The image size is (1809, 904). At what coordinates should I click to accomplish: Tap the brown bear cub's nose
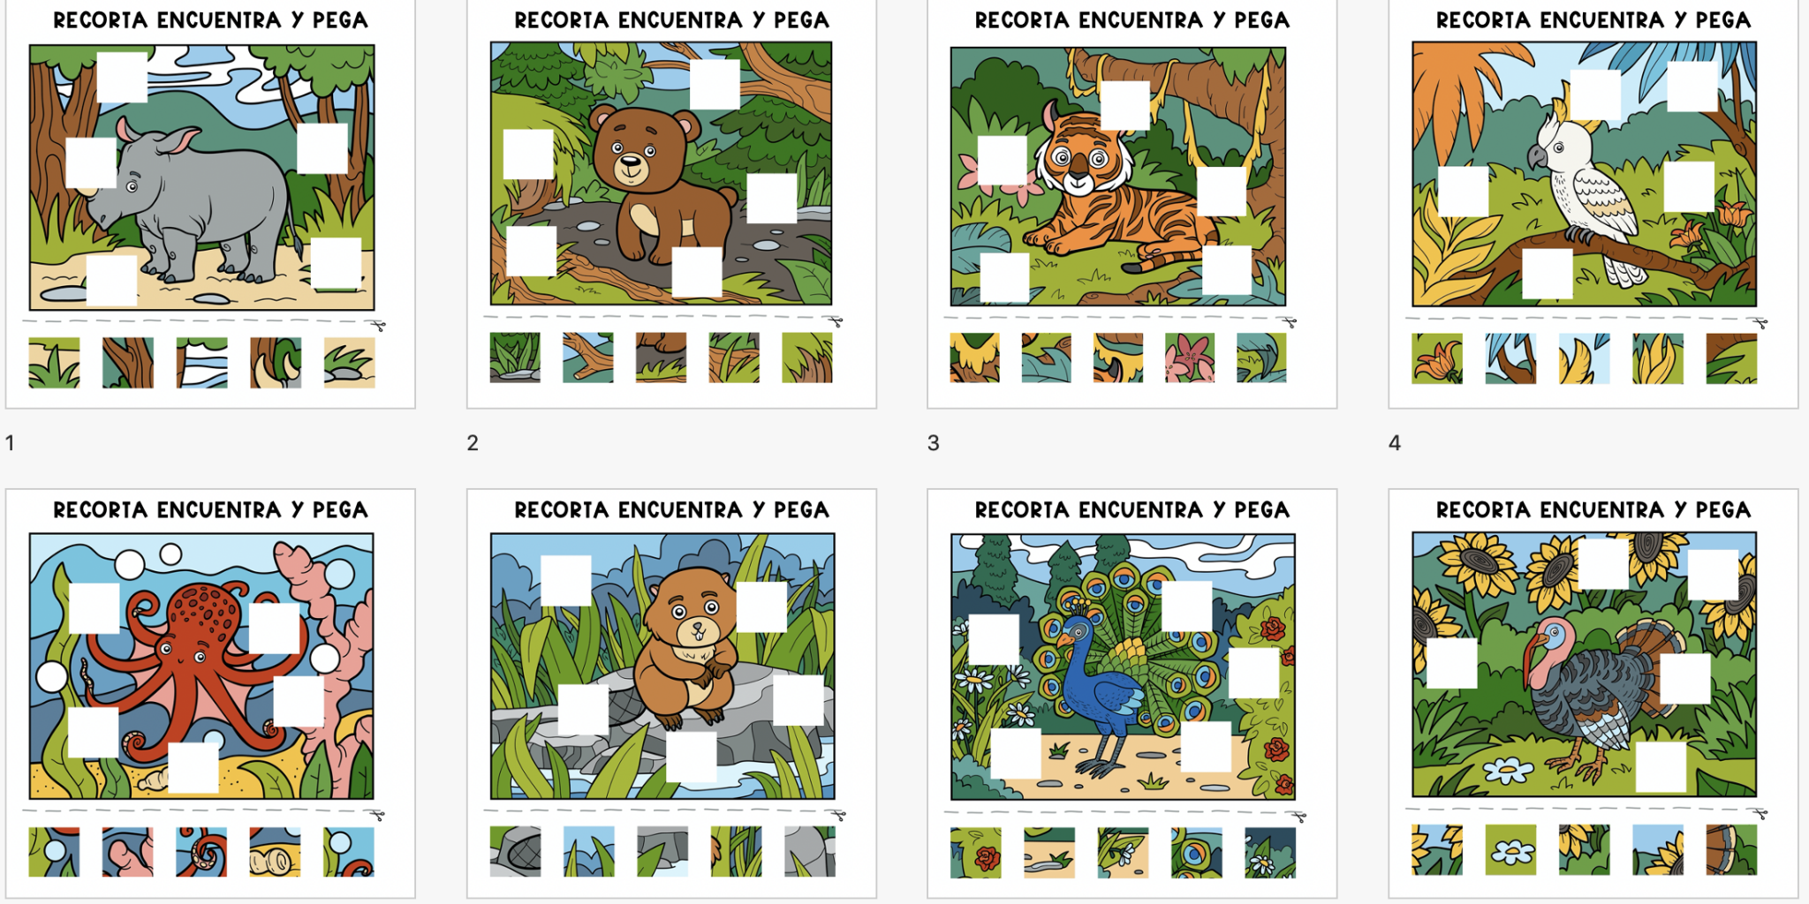point(630,162)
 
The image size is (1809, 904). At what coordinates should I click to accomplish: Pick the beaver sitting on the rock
point(685,649)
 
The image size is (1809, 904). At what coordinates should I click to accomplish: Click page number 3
point(933,442)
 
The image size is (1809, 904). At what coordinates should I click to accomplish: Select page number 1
point(10,442)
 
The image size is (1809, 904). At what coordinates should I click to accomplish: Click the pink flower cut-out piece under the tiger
point(1189,358)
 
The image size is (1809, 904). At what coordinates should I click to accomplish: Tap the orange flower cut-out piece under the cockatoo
point(1437,358)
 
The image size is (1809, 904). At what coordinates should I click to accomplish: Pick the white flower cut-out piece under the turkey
point(1510,850)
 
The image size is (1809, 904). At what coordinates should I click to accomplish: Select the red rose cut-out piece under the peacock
point(976,853)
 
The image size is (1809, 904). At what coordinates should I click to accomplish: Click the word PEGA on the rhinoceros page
point(340,19)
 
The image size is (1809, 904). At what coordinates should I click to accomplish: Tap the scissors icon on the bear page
point(836,322)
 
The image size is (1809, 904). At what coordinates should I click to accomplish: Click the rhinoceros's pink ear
point(181,139)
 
